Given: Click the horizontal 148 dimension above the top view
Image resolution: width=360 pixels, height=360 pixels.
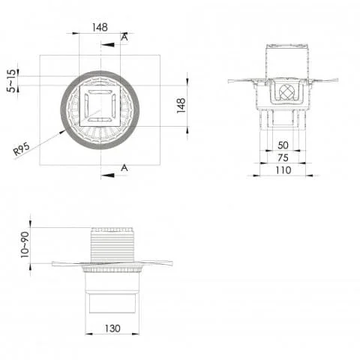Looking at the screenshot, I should click(100, 27).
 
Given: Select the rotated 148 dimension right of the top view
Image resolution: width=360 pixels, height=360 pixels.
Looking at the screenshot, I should click(180, 104).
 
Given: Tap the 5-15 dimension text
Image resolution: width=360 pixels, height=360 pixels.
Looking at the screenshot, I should click(10, 80).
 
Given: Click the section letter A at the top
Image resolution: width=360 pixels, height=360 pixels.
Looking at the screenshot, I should click(124, 36).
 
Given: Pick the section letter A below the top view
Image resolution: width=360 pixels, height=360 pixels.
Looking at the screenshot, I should click(124, 168).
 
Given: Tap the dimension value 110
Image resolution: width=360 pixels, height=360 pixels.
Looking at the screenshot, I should click(283, 170).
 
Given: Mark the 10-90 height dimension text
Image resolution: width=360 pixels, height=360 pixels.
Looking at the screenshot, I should click(24, 244).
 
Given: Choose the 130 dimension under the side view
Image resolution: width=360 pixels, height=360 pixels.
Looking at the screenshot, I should click(112, 328).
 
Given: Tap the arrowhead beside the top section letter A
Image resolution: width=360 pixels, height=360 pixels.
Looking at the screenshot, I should click(109, 44).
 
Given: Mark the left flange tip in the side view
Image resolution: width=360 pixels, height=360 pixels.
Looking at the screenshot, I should click(54, 263).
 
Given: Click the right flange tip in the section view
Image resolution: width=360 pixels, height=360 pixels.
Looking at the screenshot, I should click(337, 79).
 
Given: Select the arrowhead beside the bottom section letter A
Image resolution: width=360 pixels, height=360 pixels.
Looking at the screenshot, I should click(109, 175).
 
